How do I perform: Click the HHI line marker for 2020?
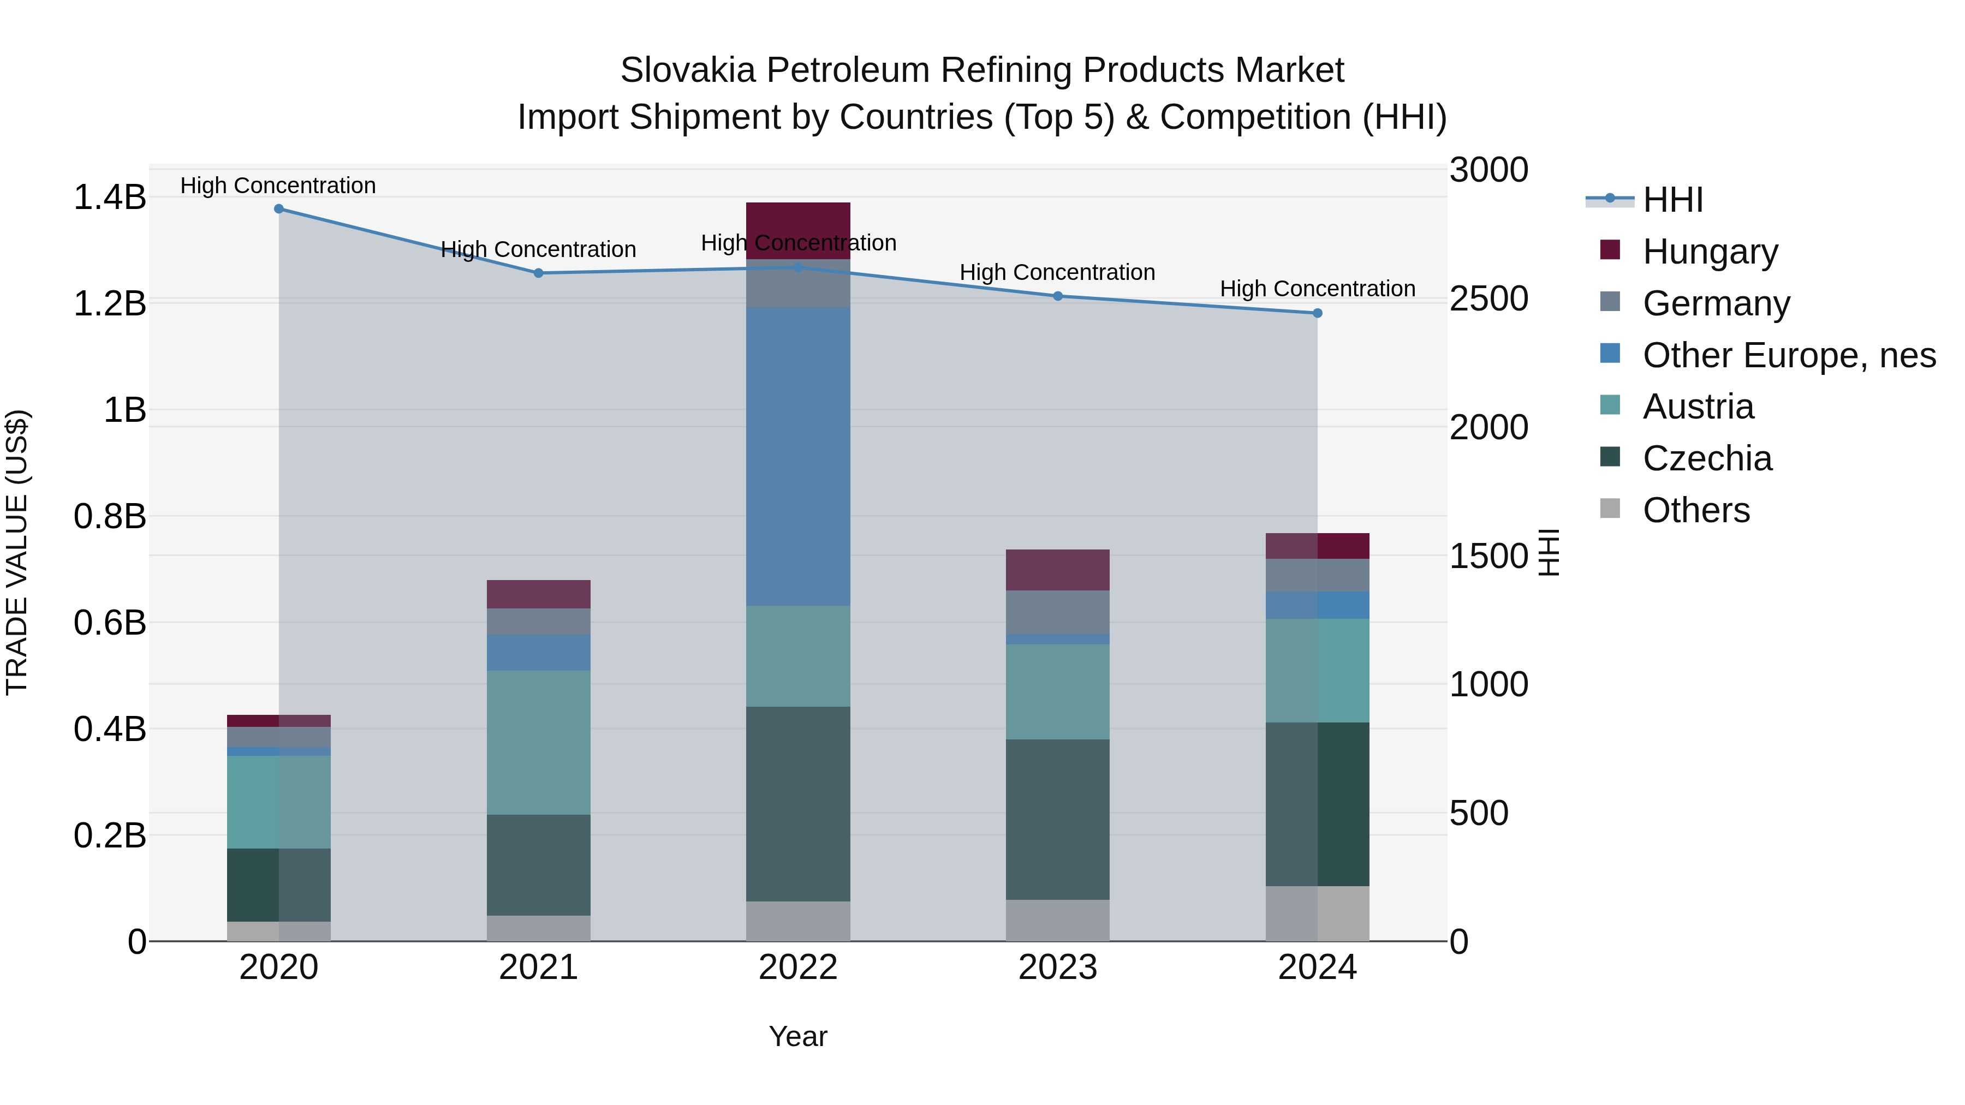(278, 209)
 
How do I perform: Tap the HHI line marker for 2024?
(1318, 313)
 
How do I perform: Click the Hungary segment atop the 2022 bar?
(798, 221)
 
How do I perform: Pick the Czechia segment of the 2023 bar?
(1057, 819)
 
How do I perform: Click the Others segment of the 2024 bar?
(1318, 913)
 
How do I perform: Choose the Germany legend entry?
(1716, 303)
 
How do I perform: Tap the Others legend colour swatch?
(1610, 509)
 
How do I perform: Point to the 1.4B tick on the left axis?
(109, 198)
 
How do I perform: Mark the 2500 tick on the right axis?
(1488, 299)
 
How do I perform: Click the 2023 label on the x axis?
(1057, 967)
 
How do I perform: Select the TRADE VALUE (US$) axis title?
(17, 552)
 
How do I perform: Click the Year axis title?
(798, 1036)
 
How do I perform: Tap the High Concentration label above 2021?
(539, 249)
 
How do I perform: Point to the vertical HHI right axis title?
(1549, 552)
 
